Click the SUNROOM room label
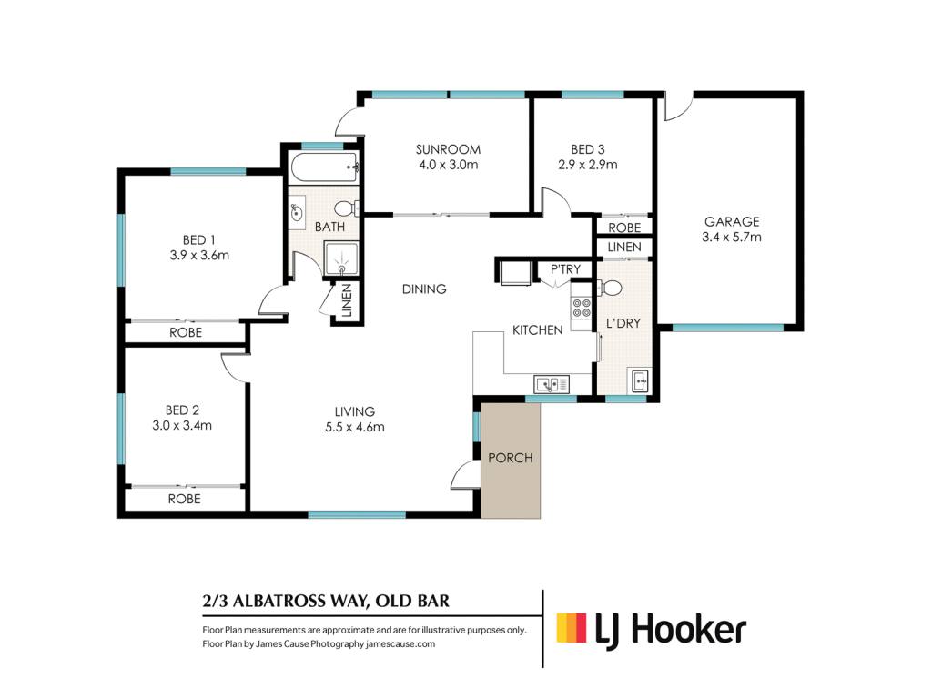click(x=448, y=150)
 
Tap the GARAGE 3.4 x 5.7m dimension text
click(x=731, y=238)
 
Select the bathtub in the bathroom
click(x=325, y=167)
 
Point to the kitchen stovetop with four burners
click(x=582, y=308)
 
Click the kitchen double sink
click(x=552, y=384)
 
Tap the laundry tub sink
click(x=640, y=380)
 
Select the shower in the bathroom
click(x=341, y=258)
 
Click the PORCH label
click(x=510, y=458)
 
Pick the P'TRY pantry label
click(x=564, y=269)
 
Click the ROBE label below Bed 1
click(x=186, y=332)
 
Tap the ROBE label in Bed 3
click(x=624, y=228)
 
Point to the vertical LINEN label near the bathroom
click(x=347, y=300)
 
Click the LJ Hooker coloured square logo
click(x=572, y=628)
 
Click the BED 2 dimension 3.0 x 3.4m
click(x=182, y=426)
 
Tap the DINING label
click(x=424, y=289)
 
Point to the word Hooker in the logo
click(x=688, y=629)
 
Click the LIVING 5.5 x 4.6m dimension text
click(x=355, y=427)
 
